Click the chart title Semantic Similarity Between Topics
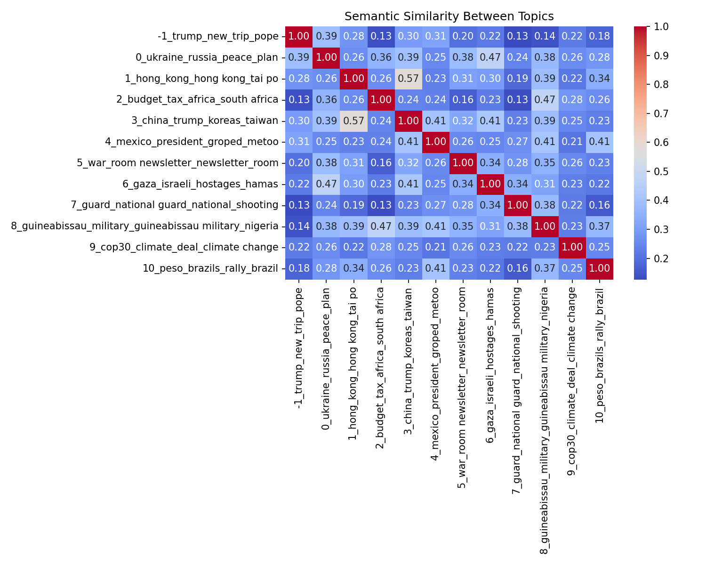click(x=449, y=16)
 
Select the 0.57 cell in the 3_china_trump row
click(x=353, y=121)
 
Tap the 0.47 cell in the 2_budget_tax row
click(x=545, y=100)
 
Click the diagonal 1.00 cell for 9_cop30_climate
click(x=572, y=247)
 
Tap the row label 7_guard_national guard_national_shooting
click(x=177, y=205)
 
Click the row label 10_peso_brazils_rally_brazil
click(x=210, y=268)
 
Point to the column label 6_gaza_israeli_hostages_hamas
click(x=490, y=364)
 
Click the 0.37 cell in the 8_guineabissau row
click(x=599, y=226)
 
